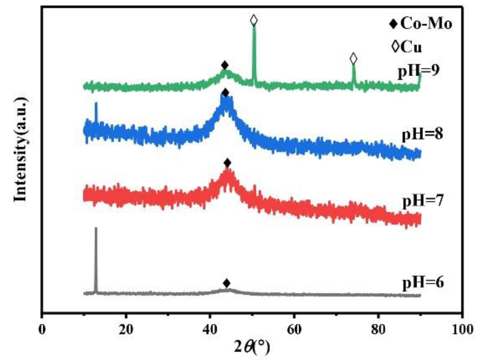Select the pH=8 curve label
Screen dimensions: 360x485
[422, 134]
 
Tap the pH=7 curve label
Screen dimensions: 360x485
[423, 201]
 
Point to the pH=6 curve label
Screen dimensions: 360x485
[423, 282]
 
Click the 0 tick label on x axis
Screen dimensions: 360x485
[42, 330]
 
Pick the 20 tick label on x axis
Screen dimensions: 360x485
[126, 330]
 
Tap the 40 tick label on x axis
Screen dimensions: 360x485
[210, 330]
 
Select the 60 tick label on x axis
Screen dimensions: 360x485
[294, 330]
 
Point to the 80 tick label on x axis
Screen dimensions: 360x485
[378, 330]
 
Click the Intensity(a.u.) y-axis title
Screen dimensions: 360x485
[21, 149]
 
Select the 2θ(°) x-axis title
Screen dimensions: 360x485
[252, 347]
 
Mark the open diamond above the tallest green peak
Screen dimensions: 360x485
[254, 20]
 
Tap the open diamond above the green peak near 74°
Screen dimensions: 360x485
[353, 59]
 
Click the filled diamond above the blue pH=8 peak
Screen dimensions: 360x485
[225, 93]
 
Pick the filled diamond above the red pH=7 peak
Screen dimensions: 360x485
[227, 163]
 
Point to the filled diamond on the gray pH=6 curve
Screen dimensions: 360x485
[227, 283]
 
